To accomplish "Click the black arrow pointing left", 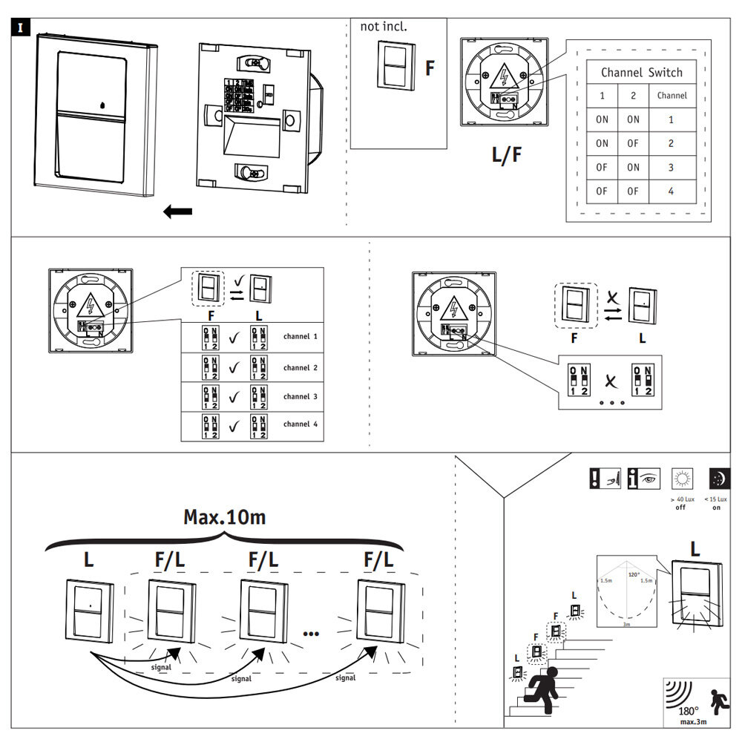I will tap(177, 212).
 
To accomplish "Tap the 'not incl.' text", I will tap(384, 27).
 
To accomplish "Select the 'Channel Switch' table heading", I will tap(641, 72).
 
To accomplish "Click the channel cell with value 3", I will tap(671, 168).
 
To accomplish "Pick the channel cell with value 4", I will tap(671, 191).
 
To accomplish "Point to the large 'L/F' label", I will tap(507, 155).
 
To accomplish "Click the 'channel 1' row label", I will tap(300, 337).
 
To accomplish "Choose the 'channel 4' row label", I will tap(300, 424).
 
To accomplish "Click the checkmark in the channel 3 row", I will tap(234, 397).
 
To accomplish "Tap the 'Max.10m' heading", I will tap(224, 517).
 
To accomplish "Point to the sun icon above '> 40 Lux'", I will tap(681, 477).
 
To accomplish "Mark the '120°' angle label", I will tap(634, 574).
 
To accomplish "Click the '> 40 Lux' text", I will tap(681, 499).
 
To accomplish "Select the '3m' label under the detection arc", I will tap(627, 625).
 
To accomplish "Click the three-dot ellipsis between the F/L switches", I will tap(311, 633).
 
